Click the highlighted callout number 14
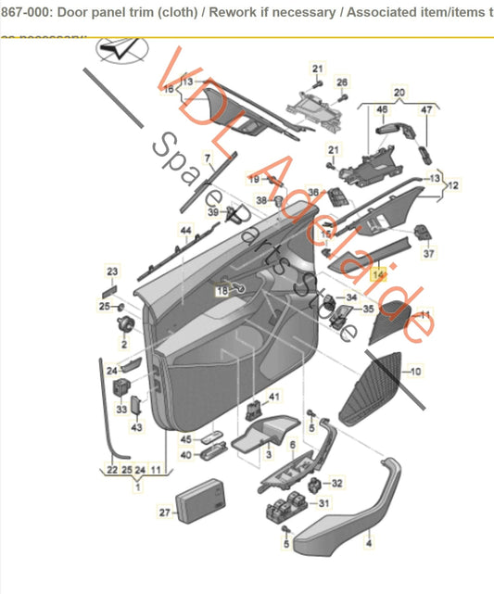pos(377,275)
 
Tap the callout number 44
pos(185,230)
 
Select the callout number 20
pos(399,93)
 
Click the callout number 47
pos(426,110)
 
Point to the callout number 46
pos(382,110)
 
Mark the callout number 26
pos(341,82)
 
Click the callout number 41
pos(273,397)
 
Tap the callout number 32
pos(337,483)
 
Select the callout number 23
pos(113,271)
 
